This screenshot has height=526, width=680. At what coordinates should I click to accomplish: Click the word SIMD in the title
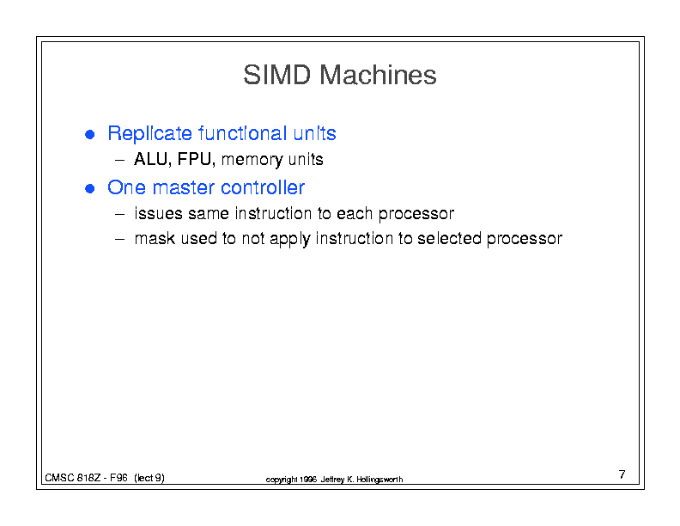pyautogui.click(x=276, y=75)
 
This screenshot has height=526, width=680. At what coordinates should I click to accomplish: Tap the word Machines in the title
pyautogui.click(x=378, y=75)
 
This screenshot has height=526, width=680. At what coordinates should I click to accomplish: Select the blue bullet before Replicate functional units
pyautogui.click(x=90, y=135)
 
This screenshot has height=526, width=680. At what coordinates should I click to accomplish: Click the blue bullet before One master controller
pyautogui.click(x=90, y=189)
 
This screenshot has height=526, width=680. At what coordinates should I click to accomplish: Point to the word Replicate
pyautogui.click(x=149, y=134)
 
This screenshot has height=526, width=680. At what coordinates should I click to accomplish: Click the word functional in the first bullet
pyautogui.click(x=242, y=133)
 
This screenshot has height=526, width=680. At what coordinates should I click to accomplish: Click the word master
pyautogui.click(x=184, y=188)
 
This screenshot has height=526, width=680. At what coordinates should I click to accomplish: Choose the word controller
pyautogui.click(x=263, y=187)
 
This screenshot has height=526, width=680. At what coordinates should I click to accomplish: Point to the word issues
pyautogui.click(x=158, y=213)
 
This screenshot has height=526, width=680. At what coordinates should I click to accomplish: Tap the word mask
pyautogui.click(x=155, y=238)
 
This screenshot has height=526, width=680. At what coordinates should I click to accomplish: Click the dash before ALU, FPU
pyautogui.click(x=119, y=160)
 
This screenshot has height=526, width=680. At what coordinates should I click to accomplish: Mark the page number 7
pyautogui.click(x=622, y=474)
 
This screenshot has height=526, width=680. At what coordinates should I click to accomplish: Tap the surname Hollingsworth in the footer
pyautogui.click(x=379, y=480)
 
